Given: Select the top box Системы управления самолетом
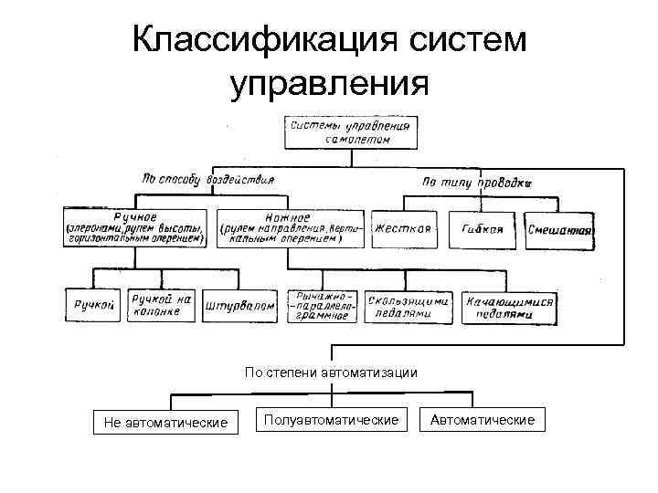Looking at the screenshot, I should coord(352,131).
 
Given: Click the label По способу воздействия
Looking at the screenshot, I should coord(208,179).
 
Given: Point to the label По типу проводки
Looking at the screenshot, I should coord(476,183).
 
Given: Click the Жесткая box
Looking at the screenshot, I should coord(401,229).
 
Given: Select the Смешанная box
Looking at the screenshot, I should coord(562,231).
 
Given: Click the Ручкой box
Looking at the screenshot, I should coord(92,306).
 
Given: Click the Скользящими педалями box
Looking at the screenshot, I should coord(409,306).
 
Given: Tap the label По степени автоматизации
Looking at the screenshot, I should coord(331,372).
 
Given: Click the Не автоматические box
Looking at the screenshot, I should coord(166,421).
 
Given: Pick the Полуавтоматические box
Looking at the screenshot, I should coord(331,419).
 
